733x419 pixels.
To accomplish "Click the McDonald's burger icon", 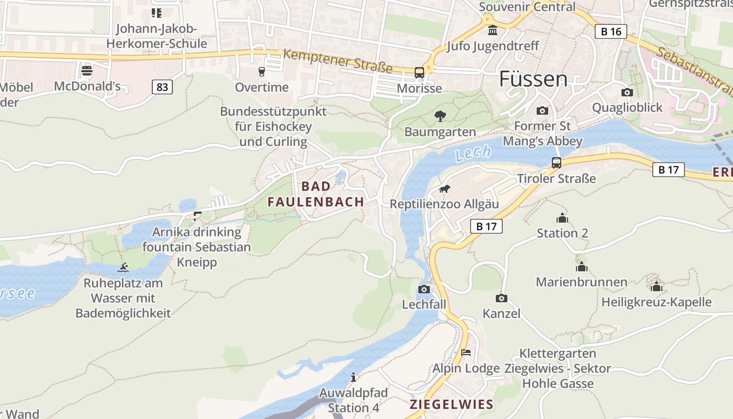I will [x=87, y=70].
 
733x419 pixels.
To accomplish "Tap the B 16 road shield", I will [x=611, y=31].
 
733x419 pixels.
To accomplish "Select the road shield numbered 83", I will [x=162, y=86].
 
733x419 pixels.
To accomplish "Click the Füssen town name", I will [x=533, y=79].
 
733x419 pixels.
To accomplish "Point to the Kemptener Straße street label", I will [x=338, y=61].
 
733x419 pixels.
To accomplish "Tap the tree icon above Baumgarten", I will [x=440, y=116].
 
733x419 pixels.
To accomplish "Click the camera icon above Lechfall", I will [x=424, y=289].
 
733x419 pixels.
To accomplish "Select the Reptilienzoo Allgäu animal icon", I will [x=444, y=189].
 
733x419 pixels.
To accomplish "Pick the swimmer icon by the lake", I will [x=123, y=268].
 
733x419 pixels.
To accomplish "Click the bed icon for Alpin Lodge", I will [x=466, y=352].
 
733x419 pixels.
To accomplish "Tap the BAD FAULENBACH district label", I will [x=316, y=194].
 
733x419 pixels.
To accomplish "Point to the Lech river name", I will [x=473, y=153].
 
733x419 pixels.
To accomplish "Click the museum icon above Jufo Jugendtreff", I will [x=492, y=30].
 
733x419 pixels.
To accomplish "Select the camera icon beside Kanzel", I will [x=501, y=298].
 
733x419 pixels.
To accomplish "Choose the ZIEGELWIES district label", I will [x=451, y=404].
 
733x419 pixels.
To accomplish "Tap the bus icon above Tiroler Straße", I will [x=556, y=163].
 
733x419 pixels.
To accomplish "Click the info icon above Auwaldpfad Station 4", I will [x=353, y=377].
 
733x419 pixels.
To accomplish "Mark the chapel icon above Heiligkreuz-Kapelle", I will [x=657, y=286].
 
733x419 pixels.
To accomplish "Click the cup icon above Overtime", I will [x=262, y=71].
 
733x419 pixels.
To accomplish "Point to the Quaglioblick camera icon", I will [x=627, y=93].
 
